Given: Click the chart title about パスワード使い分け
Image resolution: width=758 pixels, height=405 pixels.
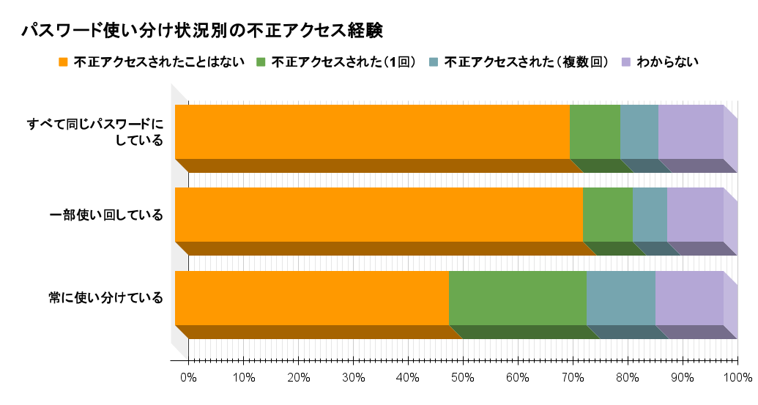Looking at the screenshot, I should pyautogui.click(x=202, y=30).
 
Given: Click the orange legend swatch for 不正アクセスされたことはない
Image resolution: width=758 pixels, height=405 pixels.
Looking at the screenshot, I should pyautogui.click(x=63, y=62).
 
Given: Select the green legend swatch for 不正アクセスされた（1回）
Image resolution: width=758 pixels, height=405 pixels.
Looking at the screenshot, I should pyautogui.click(x=261, y=62).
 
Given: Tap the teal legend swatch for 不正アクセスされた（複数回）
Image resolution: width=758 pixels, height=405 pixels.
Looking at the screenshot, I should pyautogui.click(x=434, y=62).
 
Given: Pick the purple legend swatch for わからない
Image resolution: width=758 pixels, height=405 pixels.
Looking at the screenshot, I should pyautogui.click(x=626, y=62).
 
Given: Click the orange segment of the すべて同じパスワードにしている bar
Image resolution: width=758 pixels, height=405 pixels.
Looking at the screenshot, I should pyautogui.click(x=372, y=132).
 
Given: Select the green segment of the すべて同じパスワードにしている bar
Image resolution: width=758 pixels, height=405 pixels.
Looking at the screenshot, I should pyautogui.click(x=595, y=132).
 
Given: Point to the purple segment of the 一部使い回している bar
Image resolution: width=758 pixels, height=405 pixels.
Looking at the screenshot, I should pyautogui.click(x=695, y=215).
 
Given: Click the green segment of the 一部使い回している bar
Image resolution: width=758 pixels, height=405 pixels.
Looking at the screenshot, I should pyautogui.click(x=607, y=215).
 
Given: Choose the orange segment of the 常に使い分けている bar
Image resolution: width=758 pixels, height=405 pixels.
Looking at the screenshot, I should pyautogui.click(x=311, y=298).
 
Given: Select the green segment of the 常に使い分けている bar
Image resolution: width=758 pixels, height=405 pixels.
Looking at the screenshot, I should pyautogui.click(x=517, y=298).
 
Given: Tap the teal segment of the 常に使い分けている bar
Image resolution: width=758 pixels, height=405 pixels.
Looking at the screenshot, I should pyautogui.click(x=620, y=298).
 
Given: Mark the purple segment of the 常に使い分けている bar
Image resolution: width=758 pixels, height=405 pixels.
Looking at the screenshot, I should pyautogui.click(x=689, y=298).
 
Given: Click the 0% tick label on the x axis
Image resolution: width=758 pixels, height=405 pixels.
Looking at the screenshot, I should pyautogui.click(x=188, y=378).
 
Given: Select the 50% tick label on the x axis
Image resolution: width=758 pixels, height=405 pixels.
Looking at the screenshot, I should pyautogui.click(x=462, y=378).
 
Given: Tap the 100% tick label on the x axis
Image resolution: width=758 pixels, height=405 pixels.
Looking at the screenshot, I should pyautogui.click(x=737, y=378).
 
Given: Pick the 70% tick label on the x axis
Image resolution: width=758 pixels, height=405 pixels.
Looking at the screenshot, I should pyautogui.click(x=572, y=378).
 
